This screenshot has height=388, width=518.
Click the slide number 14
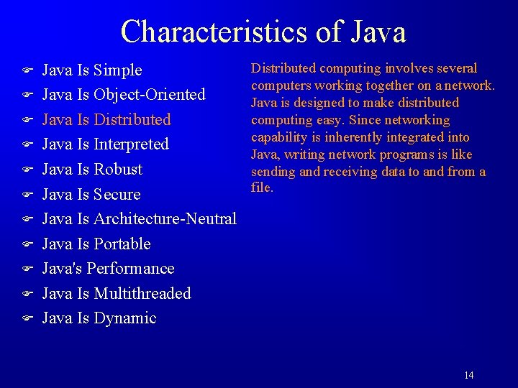tap(469, 375)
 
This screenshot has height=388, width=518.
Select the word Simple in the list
tap(118, 70)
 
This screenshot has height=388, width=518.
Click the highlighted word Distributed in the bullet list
tap(132, 120)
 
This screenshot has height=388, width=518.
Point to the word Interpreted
tap(131, 144)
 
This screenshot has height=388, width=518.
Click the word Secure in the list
tap(117, 195)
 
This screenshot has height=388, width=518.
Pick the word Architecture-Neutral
tap(165, 219)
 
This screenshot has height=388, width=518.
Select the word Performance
tap(130, 269)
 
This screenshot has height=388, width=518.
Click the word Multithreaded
tap(142, 294)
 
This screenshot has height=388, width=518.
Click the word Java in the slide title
tap(380, 32)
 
